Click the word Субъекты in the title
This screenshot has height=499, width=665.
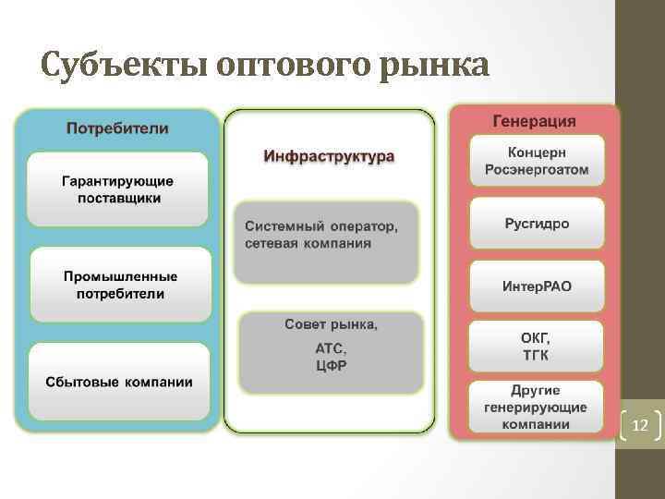(x=124, y=66)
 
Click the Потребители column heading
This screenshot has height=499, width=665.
(x=117, y=128)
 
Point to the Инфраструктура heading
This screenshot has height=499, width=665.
(x=329, y=155)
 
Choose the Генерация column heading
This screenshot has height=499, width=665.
(x=534, y=121)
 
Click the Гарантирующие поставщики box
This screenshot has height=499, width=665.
(x=117, y=189)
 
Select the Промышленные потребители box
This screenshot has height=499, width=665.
(x=120, y=285)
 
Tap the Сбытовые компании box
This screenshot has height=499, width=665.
(x=120, y=381)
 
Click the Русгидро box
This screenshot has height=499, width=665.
(x=537, y=224)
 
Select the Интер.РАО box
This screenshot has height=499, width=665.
(x=537, y=286)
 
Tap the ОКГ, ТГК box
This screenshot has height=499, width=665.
(x=536, y=347)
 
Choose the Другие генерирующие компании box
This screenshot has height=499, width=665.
(x=536, y=407)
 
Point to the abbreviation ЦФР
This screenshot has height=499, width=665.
(x=331, y=366)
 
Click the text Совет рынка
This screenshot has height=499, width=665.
(x=330, y=324)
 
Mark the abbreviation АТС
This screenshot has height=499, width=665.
(x=330, y=348)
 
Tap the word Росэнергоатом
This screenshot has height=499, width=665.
(x=536, y=170)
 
